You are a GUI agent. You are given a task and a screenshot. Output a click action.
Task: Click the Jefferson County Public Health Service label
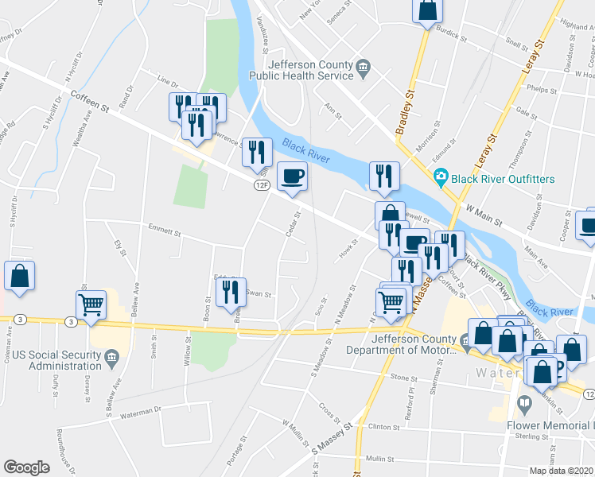coord(310,70)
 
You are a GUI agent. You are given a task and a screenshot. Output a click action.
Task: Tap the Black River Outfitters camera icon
coord(440,178)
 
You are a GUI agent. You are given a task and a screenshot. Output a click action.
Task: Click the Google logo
coord(26,467)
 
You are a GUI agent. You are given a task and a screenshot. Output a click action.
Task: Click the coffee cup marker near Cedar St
coord(292,176)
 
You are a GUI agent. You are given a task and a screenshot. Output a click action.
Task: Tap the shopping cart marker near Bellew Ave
coord(91,304)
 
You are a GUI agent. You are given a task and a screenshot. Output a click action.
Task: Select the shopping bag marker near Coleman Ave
coord(20,276)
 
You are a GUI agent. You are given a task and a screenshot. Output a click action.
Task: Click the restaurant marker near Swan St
coord(231,292)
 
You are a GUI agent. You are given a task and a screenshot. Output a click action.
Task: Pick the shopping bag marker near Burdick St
coord(427,10)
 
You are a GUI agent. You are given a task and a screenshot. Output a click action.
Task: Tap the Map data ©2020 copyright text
coord(561,471)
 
